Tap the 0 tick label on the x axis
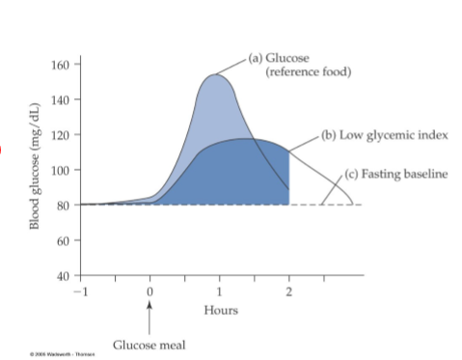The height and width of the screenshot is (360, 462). (149, 291)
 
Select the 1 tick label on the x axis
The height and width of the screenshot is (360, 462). (220, 291)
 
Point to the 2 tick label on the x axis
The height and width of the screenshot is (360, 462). (289, 291)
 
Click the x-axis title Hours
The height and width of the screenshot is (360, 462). (221, 310)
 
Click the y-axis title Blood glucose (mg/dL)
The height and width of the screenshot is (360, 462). (37, 164)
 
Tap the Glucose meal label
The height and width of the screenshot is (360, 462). (149, 345)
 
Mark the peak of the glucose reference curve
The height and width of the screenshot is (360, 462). (213, 74)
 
